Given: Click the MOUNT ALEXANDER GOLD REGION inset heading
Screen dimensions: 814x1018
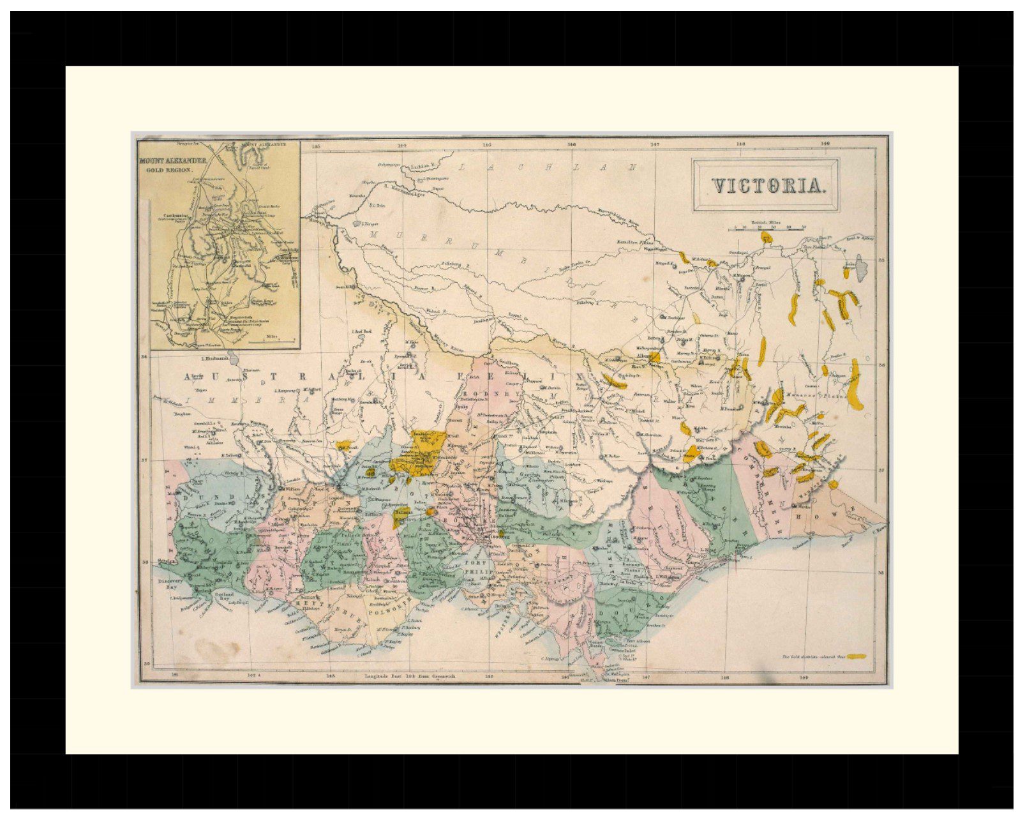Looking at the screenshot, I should click(172, 165).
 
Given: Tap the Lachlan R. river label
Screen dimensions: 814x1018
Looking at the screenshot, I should click(421, 166).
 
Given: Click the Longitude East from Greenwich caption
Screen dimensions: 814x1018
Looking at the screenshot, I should click(408, 675).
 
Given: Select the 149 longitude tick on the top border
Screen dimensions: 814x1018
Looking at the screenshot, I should click(825, 144).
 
